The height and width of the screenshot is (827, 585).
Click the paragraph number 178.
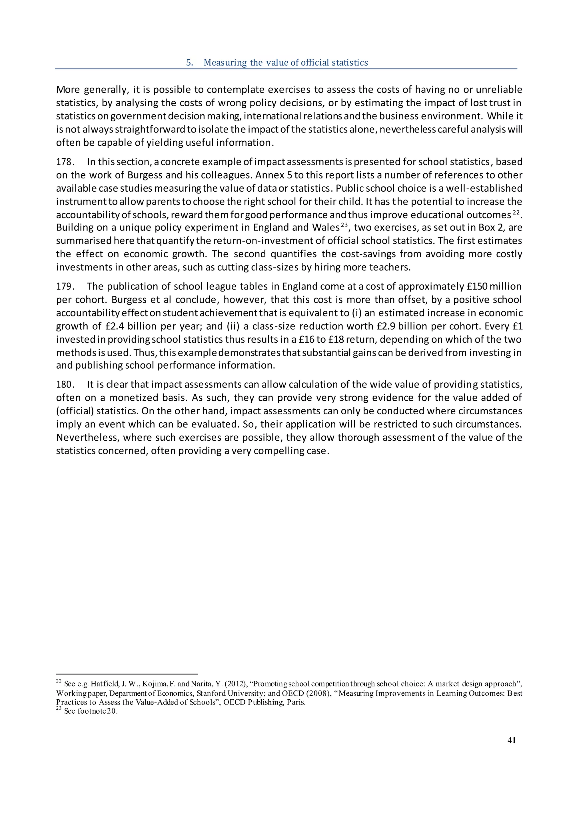tap(65, 162)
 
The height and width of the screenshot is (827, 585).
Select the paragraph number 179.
tap(65, 287)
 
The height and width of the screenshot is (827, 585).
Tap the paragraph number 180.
tap(65, 385)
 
